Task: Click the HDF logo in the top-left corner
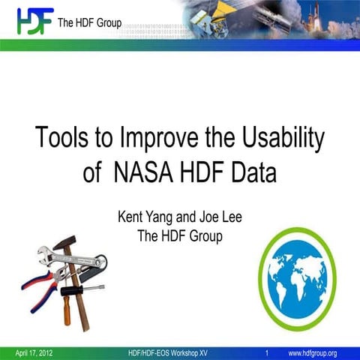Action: pyautogui.click(x=34, y=20)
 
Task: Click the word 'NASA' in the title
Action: pyautogui.click(x=143, y=172)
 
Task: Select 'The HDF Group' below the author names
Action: pyautogui.click(x=180, y=236)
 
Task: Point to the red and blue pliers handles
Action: pyautogui.click(x=37, y=286)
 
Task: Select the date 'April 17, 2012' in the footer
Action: pyautogui.click(x=36, y=352)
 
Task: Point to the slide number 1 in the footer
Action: pyautogui.click(x=267, y=352)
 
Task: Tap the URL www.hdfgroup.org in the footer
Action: pyautogui.click(x=312, y=352)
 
